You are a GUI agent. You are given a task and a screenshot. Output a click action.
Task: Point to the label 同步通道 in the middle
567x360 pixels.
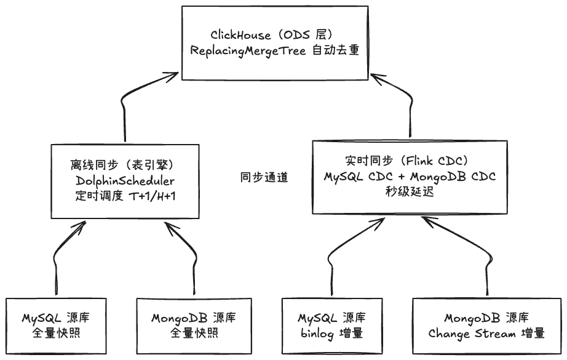(264, 177)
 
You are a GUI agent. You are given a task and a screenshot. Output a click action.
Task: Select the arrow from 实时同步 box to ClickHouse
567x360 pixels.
(408, 105)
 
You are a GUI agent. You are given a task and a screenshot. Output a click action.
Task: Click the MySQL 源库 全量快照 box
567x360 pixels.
(60, 326)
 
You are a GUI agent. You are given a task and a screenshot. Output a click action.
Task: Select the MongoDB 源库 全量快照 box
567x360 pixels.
(193, 326)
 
